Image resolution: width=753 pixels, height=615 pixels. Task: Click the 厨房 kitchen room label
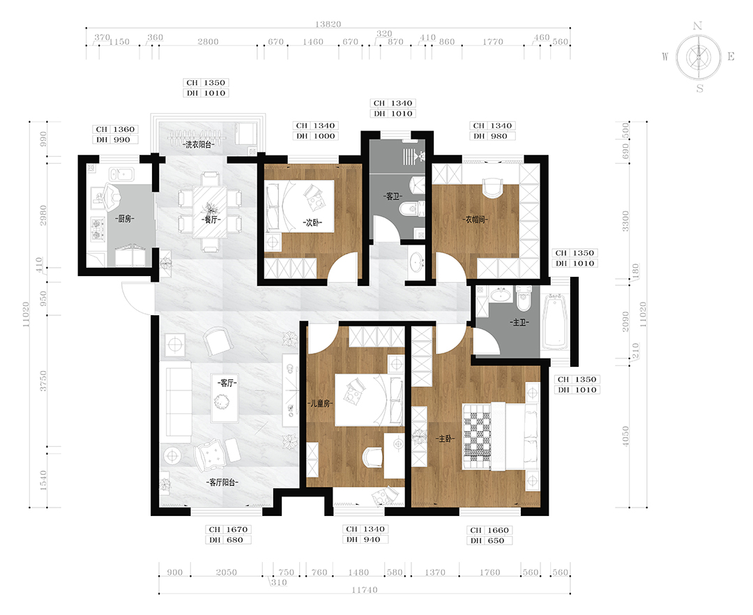[x=124, y=219]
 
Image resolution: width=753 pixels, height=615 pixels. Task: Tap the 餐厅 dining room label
[x=211, y=220]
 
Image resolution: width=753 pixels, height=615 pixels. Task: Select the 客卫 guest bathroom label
[x=393, y=197]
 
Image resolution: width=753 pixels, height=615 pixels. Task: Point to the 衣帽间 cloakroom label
[x=476, y=220]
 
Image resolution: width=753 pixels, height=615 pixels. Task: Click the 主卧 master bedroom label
[x=445, y=439]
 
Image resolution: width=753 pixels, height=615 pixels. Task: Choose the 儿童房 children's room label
[x=320, y=404]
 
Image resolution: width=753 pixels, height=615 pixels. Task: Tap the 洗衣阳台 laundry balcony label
[x=198, y=144]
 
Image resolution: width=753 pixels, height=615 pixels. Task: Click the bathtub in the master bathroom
[x=556, y=321]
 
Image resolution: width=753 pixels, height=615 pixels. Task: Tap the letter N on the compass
[x=698, y=26]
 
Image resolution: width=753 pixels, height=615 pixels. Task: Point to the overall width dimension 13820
[x=328, y=24]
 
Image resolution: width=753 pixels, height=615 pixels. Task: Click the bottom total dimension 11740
[x=365, y=590]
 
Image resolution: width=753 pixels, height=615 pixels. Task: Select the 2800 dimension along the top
[x=208, y=42]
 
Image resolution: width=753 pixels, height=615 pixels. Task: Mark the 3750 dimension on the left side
[x=43, y=381]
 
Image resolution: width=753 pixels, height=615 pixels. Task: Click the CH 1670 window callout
[x=228, y=529]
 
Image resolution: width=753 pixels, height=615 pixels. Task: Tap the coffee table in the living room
[x=225, y=402]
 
